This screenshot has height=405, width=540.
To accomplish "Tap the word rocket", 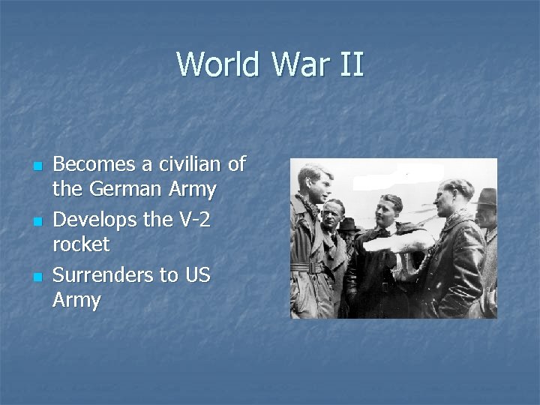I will pyautogui.click(x=81, y=244).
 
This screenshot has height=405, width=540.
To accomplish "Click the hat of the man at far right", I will pyautogui.click(x=486, y=197).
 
